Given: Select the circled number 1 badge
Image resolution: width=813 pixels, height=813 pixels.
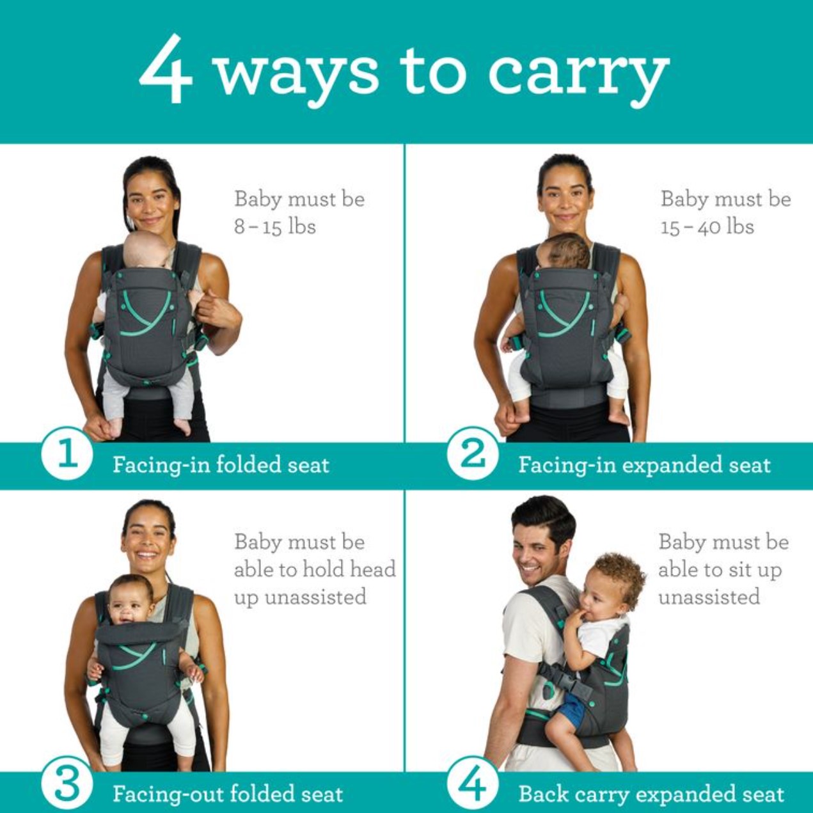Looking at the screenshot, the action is tap(67, 457).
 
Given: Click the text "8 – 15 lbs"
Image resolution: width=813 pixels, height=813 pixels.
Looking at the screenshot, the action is tap(275, 227).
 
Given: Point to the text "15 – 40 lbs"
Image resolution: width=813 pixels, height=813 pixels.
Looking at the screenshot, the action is tap(707, 227).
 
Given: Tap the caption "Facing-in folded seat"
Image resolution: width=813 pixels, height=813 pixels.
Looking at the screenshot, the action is tap(221, 465).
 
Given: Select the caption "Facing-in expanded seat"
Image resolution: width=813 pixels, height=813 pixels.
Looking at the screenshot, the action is tap(645, 465).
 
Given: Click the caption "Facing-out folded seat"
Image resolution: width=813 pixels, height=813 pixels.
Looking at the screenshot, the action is tap(228, 794).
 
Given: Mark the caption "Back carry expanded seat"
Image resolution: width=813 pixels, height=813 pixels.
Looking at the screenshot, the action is tap(651, 794).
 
